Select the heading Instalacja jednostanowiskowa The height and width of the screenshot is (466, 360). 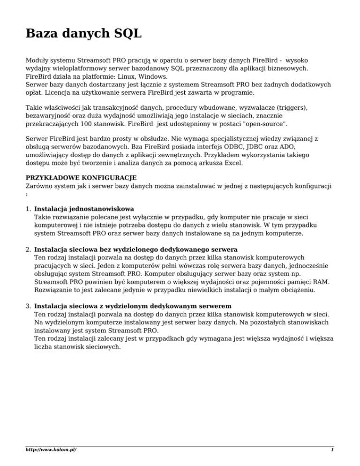coord(84,208)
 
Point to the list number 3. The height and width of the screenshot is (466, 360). coord(28,305)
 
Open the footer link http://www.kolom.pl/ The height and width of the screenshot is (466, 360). coord(51,450)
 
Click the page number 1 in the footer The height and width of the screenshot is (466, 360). coord(332,450)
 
